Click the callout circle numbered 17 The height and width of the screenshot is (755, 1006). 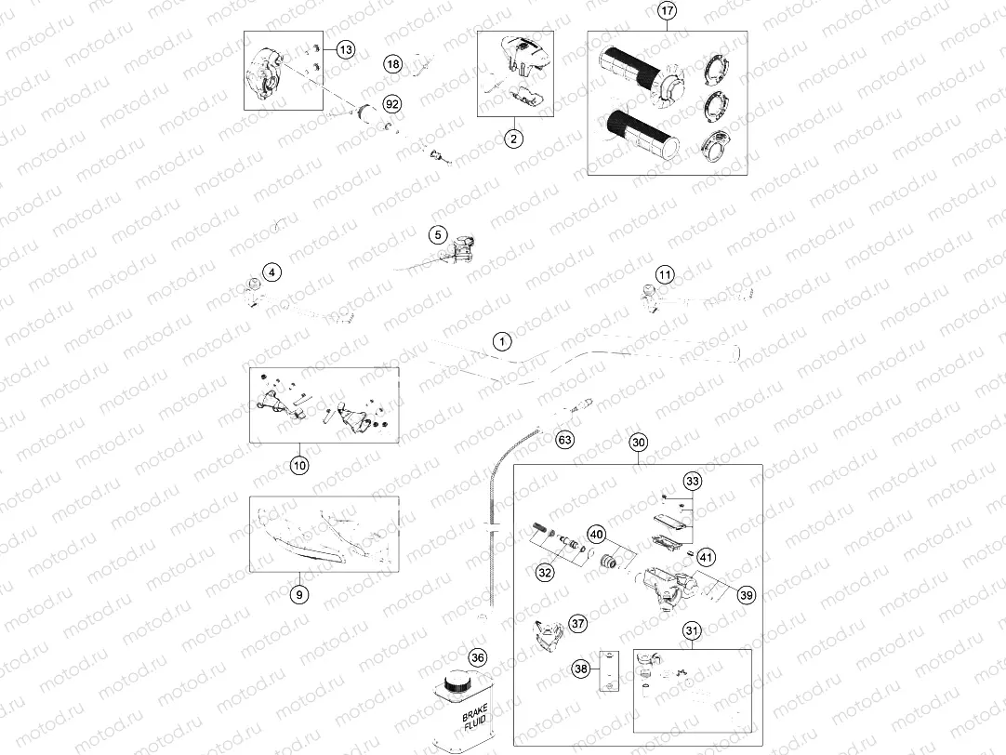coord(667,11)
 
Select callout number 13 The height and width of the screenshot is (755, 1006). coord(345,49)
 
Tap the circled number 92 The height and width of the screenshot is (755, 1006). coord(391,104)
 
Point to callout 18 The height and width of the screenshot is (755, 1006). coord(393,64)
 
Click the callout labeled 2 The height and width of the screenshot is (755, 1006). coord(512,139)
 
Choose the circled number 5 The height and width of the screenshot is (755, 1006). coord(438,236)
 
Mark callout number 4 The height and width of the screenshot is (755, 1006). coord(271,272)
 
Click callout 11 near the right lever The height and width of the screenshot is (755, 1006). coord(664,274)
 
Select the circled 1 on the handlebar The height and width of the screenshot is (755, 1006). coord(501,341)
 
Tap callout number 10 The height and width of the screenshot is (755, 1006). coord(298,464)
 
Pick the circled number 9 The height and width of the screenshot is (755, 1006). coord(298,594)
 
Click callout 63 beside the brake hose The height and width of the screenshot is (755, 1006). coord(564,440)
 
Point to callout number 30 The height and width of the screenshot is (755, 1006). coord(638,443)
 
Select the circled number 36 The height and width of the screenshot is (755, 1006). coord(478,657)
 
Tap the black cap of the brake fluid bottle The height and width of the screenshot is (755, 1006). coord(457,683)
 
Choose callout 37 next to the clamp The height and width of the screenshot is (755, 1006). coord(578,624)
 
